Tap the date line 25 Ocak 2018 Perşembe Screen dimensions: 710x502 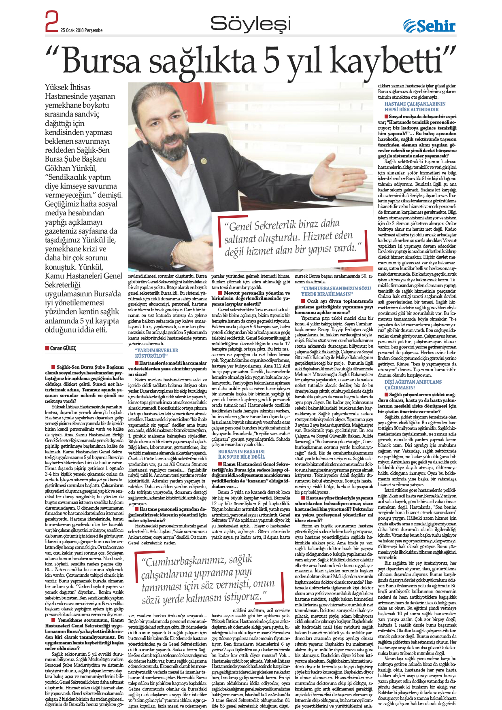pos(81,30)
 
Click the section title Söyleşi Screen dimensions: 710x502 pos(251,23)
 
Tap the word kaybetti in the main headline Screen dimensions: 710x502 pos(391,61)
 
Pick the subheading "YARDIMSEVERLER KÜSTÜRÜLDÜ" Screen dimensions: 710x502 pos(156,353)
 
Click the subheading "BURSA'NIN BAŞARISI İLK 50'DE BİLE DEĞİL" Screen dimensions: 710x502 pos(241,454)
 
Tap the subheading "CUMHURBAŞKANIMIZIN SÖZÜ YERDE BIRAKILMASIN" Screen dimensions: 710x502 pos(336,291)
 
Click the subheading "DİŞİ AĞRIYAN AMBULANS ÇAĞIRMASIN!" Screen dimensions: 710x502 pos(413,385)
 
